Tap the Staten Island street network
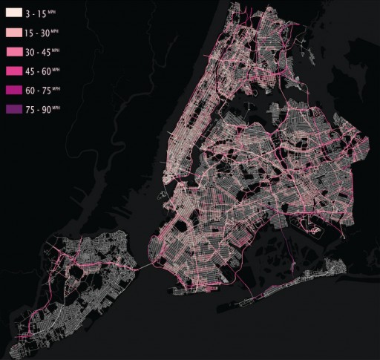(82, 275)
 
